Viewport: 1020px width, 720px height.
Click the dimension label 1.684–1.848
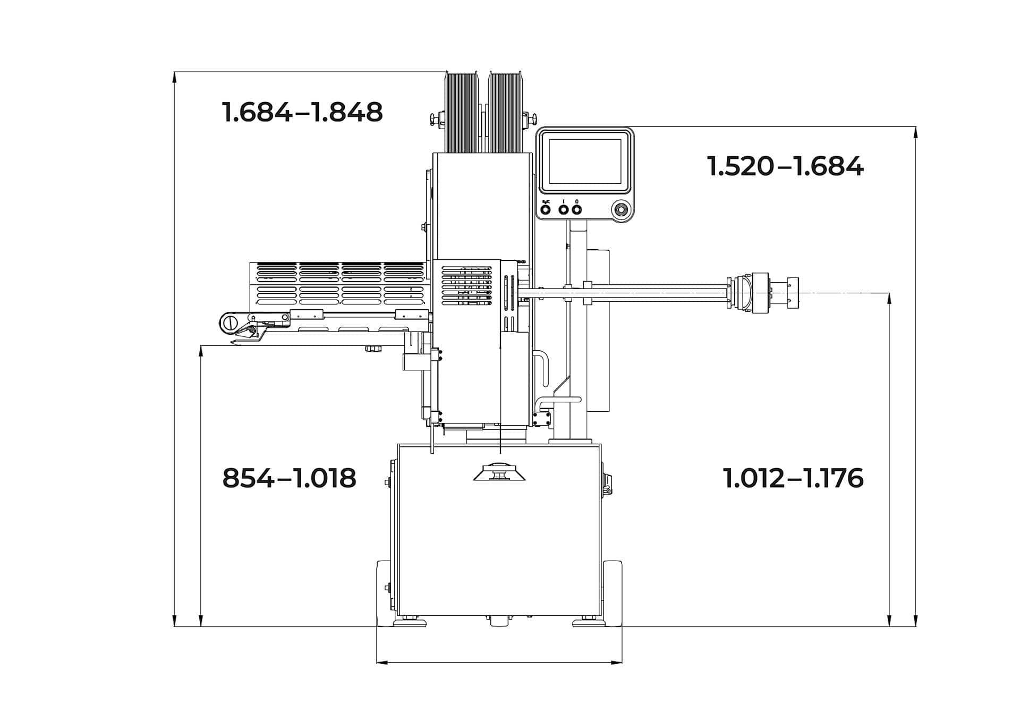(x=302, y=112)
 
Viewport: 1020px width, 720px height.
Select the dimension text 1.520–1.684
(x=785, y=166)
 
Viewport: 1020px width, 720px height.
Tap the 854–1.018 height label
(x=289, y=478)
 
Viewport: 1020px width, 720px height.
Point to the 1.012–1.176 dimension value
(x=793, y=478)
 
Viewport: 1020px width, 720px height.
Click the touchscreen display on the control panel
(x=584, y=161)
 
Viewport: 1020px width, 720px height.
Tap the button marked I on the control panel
(x=564, y=209)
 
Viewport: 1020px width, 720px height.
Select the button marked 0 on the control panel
(x=577, y=209)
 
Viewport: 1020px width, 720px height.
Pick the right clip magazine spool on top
(x=505, y=113)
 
